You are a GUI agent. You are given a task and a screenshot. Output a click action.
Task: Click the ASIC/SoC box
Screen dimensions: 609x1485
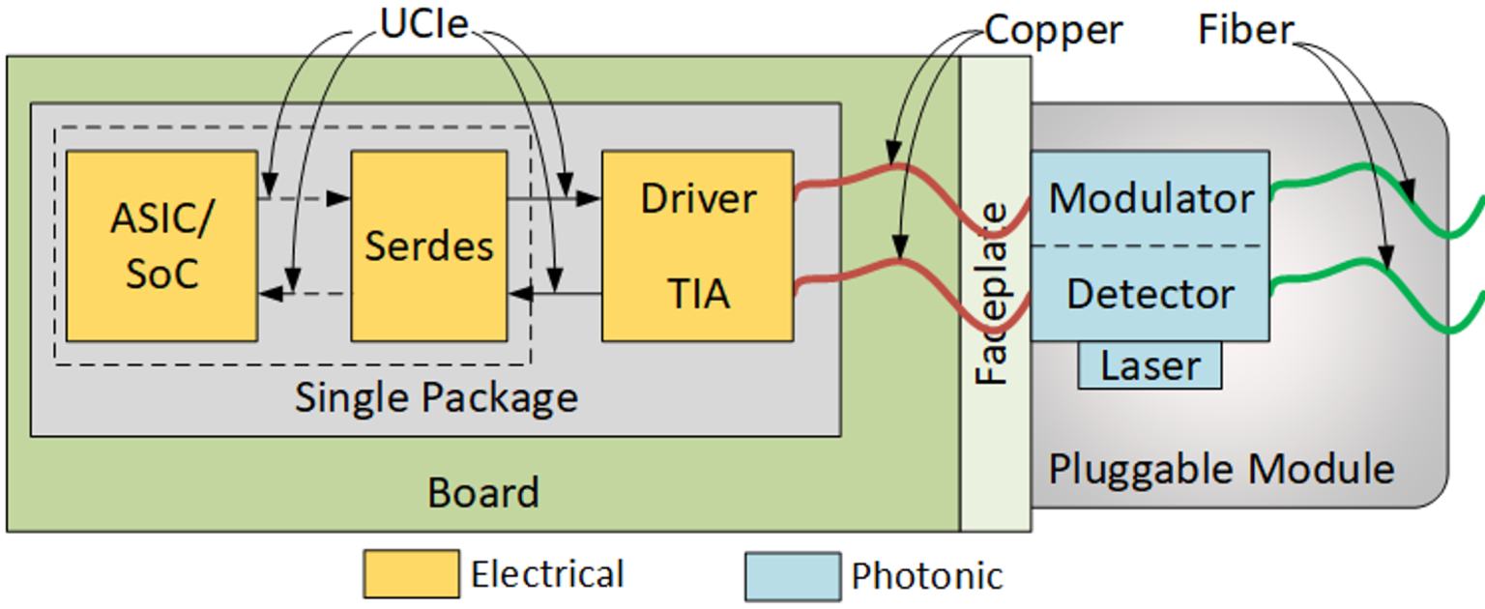[x=161, y=246]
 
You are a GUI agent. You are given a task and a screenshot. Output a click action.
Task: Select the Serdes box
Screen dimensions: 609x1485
[x=428, y=246]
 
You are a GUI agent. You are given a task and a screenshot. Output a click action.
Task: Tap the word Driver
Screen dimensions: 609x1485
[x=698, y=198]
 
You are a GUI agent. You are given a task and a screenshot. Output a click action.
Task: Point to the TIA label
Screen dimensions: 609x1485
[x=698, y=294]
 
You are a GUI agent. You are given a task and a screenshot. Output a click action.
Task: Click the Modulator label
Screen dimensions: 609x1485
[x=1150, y=198]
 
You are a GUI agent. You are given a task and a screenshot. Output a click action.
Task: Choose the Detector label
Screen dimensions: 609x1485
[x=1150, y=294]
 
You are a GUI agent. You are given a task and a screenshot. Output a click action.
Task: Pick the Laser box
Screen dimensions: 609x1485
[x=1150, y=366]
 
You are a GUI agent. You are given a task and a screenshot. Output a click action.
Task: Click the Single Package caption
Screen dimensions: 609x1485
[x=436, y=397]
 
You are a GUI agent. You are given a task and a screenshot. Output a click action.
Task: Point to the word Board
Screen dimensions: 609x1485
[x=482, y=493]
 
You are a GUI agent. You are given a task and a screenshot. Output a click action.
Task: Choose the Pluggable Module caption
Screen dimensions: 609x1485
[x=1221, y=470]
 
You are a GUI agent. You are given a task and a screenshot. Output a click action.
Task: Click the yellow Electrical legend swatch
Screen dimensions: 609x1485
[x=411, y=575]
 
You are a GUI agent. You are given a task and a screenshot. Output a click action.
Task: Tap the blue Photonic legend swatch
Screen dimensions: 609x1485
[x=792, y=576]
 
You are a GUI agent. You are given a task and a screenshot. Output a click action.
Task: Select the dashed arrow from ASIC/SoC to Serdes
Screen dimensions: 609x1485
[x=305, y=199]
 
